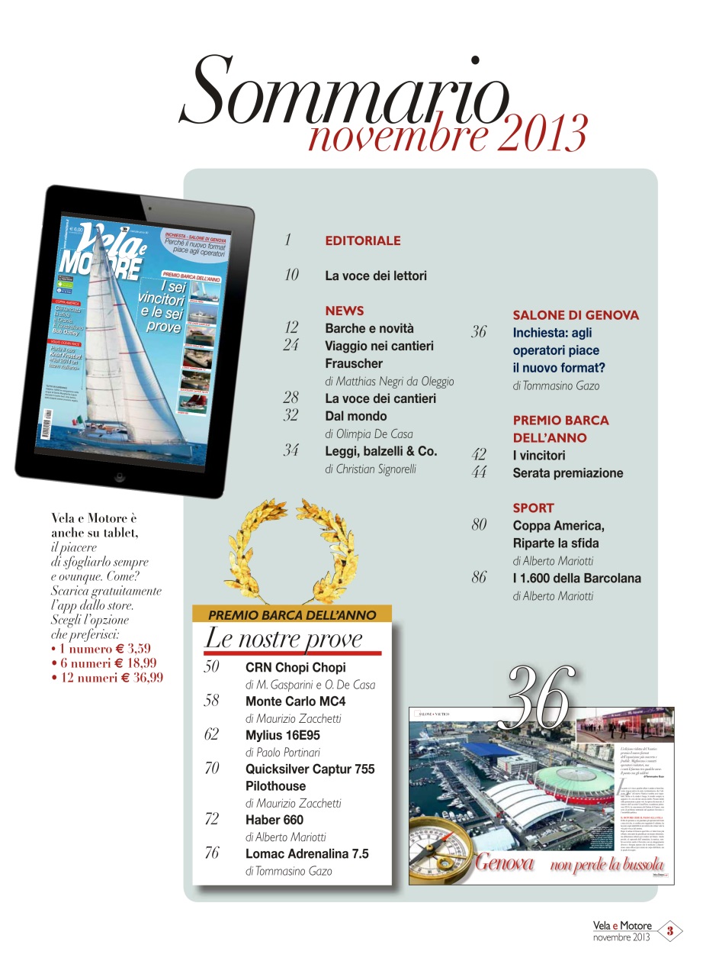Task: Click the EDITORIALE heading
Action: point(362,240)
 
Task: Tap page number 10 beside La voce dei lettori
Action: point(291,275)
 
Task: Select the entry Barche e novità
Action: point(369,328)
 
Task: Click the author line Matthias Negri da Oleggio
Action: point(389,381)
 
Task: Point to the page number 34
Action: point(290,450)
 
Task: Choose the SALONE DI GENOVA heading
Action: point(576,314)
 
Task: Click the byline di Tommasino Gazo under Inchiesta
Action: point(556,385)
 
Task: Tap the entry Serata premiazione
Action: point(567,473)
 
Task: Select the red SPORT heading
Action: point(533,508)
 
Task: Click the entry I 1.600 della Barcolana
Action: point(576,578)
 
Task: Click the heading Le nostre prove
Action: point(283,639)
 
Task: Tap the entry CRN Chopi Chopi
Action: point(295,667)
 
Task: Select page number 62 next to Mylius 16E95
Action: point(211,734)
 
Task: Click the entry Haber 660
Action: point(274,820)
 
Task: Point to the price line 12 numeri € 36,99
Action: point(107,677)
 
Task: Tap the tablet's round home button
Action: point(119,477)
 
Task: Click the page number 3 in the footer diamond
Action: point(669,930)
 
